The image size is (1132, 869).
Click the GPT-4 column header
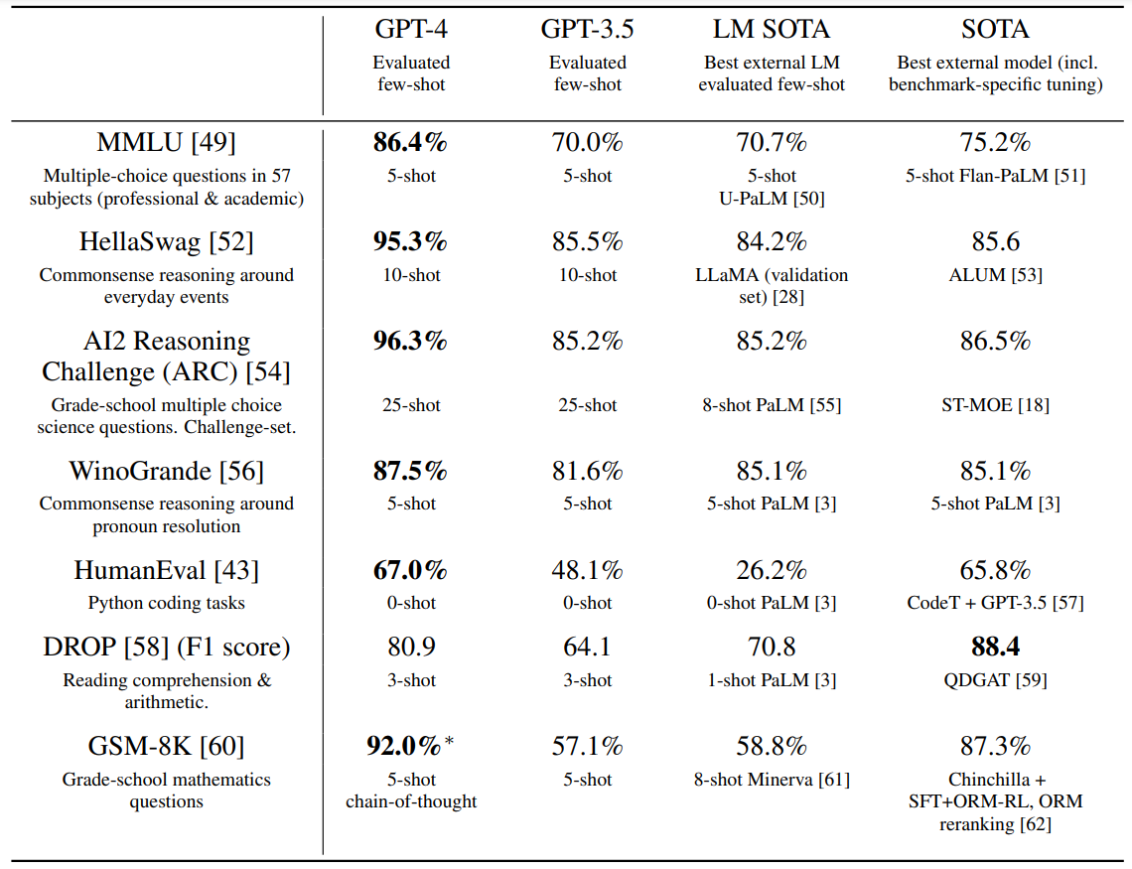point(411,30)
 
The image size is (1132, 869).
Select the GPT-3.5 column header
point(587,30)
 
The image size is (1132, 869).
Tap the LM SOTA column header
point(772,30)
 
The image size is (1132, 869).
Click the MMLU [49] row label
point(166,143)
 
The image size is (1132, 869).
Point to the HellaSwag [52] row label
point(166,242)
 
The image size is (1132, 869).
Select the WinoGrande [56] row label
point(166,471)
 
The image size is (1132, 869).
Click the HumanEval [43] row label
point(166,571)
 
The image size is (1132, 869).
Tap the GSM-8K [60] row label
point(166,747)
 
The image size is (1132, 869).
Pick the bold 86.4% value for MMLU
point(410,143)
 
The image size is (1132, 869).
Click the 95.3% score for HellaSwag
point(410,242)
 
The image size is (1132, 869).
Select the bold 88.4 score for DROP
point(995,648)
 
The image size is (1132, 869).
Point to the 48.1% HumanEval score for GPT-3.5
point(587,571)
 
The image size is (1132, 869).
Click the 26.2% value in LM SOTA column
point(772,571)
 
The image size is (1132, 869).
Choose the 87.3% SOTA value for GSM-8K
point(995,747)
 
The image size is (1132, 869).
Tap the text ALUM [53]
point(995,275)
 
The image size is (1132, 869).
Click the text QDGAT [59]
point(995,680)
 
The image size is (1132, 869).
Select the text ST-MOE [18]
point(995,405)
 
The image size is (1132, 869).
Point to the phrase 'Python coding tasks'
point(166,603)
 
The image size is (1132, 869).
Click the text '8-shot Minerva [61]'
point(772,780)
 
